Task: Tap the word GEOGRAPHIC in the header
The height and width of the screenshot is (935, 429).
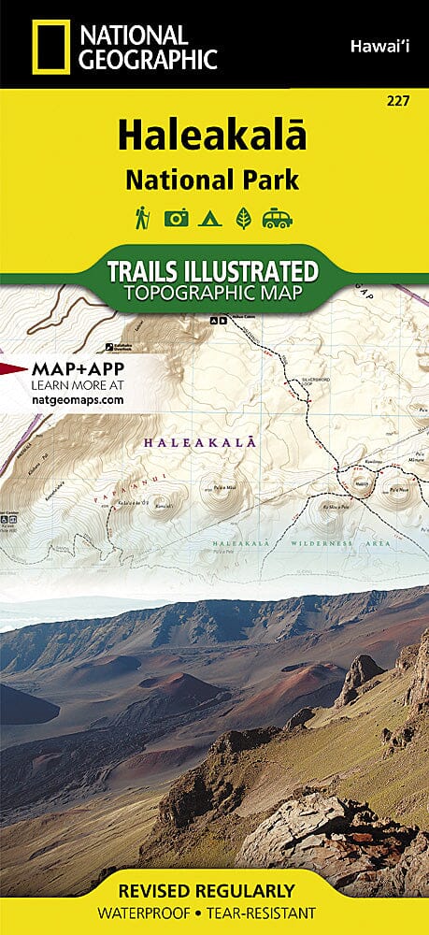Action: [x=149, y=60]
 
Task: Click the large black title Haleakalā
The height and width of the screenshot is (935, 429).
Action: [x=214, y=136]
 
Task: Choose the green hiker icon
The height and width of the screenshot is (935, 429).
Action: [x=142, y=217]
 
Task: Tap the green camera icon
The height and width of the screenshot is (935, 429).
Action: [x=177, y=218]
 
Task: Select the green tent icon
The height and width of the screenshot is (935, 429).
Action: [x=210, y=218]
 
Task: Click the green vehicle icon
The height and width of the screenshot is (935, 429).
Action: [x=278, y=218]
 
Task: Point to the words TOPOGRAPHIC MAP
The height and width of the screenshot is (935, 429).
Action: [x=214, y=295]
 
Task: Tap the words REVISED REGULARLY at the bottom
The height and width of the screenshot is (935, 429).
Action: [x=214, y=890]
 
